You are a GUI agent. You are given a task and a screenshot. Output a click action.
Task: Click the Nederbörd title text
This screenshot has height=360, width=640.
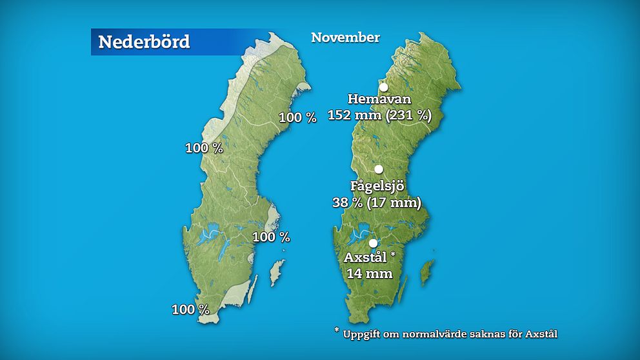144,42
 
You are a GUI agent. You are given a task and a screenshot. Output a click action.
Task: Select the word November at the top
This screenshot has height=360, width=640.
345,37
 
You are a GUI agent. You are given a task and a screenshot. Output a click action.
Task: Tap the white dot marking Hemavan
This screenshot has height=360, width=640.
383,87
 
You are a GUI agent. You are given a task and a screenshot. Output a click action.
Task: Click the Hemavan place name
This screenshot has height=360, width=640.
379,99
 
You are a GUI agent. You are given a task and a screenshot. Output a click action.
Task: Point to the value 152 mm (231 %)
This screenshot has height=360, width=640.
379,115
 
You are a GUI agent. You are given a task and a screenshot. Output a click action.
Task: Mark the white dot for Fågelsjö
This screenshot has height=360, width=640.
379,169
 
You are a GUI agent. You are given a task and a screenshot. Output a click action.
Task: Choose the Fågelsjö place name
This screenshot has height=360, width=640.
377,186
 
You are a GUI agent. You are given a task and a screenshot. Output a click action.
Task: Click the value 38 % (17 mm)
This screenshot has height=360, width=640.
376,203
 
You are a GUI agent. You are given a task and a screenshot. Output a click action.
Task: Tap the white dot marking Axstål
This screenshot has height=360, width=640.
373,243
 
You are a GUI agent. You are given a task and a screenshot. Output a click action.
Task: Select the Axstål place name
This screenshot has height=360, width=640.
365,257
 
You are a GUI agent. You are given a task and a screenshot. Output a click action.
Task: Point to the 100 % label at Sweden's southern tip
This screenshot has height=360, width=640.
190,310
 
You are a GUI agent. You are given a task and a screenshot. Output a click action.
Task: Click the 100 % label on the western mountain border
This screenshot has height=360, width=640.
204,148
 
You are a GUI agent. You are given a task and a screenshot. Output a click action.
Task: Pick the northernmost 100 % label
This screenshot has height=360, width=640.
297,117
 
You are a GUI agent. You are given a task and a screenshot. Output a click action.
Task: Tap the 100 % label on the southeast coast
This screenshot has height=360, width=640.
271,237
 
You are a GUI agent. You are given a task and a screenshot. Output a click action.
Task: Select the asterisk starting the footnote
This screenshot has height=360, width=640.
336,331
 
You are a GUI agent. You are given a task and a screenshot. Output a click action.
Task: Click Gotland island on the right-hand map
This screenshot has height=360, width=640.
427,274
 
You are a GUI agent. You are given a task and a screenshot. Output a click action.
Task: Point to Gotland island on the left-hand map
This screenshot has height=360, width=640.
277,274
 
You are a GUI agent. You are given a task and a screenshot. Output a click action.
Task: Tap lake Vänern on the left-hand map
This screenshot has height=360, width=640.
208,236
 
